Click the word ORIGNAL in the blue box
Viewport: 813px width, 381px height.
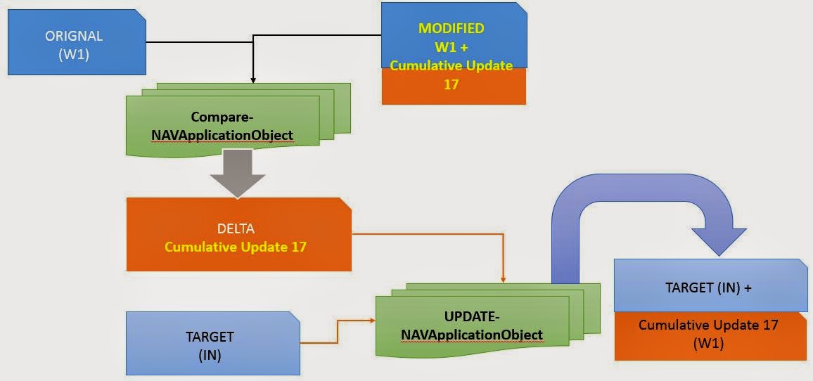74,36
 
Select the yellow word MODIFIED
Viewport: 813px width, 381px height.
451,29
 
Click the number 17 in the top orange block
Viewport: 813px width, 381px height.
452,82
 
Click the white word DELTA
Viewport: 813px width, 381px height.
238,230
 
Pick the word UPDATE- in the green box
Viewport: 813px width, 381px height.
471,316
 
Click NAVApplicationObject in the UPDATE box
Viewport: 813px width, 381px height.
471,335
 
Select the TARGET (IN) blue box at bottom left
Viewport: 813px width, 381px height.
212,344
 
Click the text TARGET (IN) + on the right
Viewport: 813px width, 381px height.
709,288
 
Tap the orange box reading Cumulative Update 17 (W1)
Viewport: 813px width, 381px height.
710,335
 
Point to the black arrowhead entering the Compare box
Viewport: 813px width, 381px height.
252,83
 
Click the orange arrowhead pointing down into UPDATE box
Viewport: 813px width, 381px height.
503,280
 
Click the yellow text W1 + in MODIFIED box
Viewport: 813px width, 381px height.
451,47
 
